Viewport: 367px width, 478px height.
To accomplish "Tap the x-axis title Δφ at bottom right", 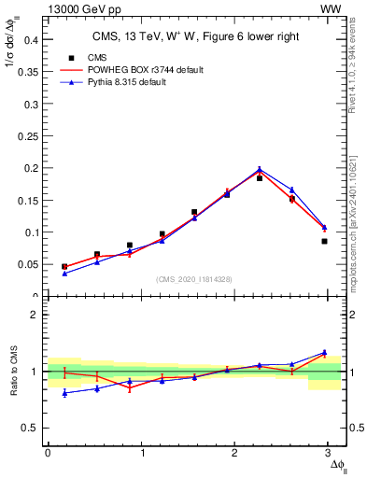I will click(x=335, y=464).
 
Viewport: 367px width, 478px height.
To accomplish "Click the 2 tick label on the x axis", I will click(x=237, y=452).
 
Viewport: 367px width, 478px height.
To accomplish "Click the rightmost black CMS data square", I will click(x=324, y=241).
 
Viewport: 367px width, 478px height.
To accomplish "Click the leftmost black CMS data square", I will click(x=64, y=266).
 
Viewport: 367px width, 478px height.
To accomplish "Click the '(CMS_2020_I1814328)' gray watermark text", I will click(x=193, y=279).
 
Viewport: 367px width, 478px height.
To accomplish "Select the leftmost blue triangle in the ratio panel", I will click(x=64, y=393).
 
